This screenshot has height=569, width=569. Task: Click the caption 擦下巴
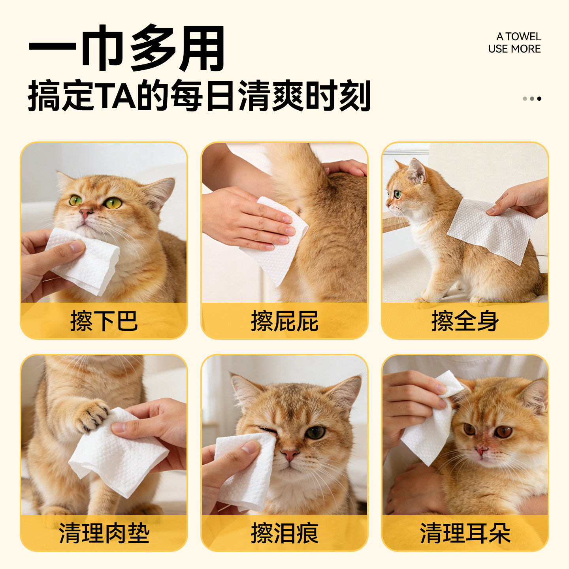coord(104,321)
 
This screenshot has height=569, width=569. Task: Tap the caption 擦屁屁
coord(284,321)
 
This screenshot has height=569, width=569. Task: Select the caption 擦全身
coord(465,321)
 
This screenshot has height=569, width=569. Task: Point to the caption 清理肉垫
coord(104,533)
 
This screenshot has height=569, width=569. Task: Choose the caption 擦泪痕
coord(284,533)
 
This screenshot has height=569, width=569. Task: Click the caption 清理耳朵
coord(465,533)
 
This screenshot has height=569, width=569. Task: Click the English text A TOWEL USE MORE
coord(514,43)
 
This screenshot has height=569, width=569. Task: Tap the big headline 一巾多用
coord(126,48)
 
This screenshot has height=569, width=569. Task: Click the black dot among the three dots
coord(539,98)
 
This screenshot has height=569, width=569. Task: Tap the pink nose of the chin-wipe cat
coord(85,213)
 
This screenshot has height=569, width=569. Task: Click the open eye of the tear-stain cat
coord(315,432)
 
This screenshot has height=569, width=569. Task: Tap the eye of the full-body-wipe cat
coord(397,194)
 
